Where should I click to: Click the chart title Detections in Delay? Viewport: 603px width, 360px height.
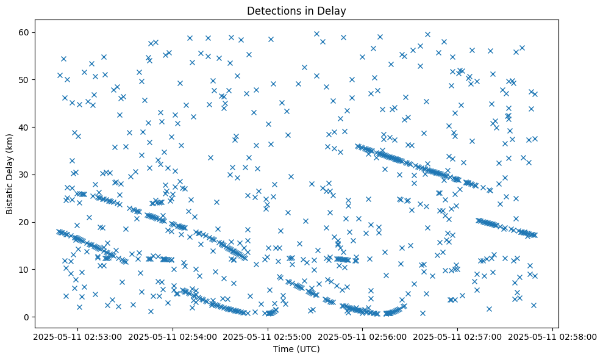(x=296, y=10)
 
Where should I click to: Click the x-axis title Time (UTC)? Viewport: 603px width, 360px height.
(x=296, y=349)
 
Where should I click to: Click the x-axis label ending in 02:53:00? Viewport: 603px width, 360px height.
(x=78, y=336)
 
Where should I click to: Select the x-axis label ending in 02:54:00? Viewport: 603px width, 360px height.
(x=173, y=336)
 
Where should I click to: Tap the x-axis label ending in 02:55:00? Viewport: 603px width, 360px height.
(x=268, y=336)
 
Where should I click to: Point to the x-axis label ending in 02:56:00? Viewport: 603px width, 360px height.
(x=363, y=336)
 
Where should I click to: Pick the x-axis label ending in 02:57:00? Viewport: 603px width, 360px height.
(x=457, y=336)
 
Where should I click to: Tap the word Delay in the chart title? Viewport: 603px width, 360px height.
(x=333, y=10)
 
